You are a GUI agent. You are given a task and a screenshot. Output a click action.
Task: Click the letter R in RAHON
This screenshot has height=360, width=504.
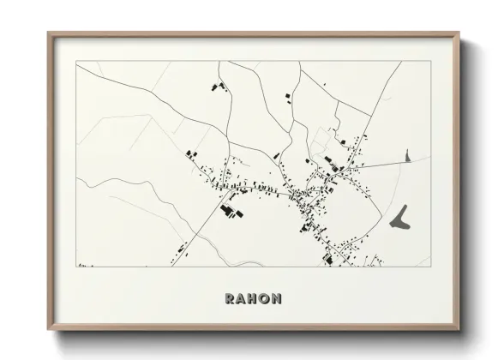point(231,299)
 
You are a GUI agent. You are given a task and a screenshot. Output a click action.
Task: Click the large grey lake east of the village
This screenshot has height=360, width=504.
point(399,216)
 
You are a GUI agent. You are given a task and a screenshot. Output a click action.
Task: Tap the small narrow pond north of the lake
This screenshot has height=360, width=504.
point(407,157)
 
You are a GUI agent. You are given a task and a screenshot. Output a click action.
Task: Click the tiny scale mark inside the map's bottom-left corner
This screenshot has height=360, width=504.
point(82,265)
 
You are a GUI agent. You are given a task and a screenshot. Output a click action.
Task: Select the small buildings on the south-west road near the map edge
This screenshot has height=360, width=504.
point(181,249)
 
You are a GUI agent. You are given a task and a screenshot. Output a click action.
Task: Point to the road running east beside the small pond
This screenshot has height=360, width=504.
point(377,162)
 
